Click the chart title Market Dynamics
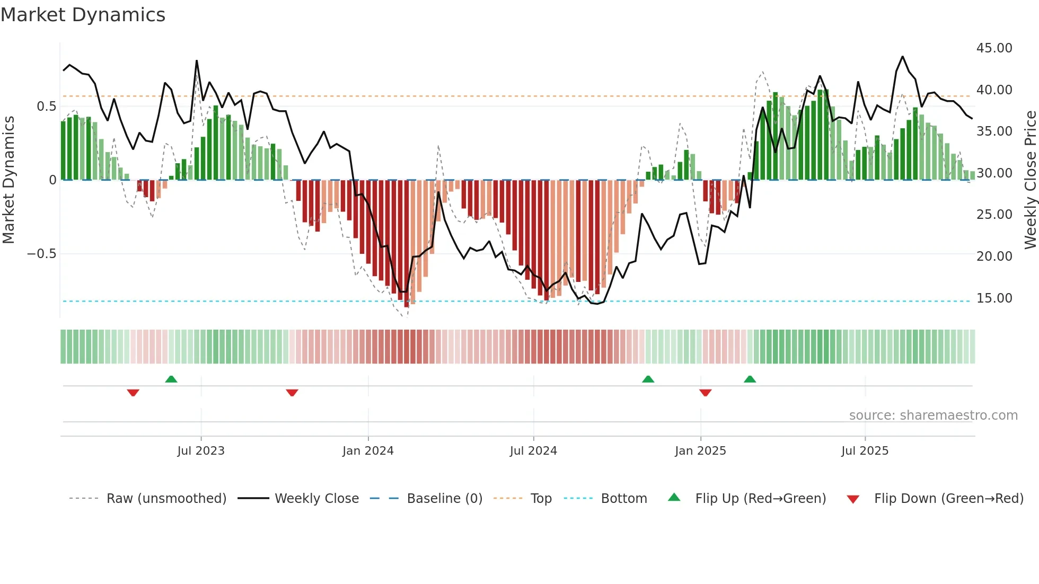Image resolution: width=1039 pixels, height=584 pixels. point(83,15)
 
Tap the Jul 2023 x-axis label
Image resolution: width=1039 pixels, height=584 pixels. point(201,451)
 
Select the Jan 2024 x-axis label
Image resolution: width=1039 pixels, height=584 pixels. point(368,451)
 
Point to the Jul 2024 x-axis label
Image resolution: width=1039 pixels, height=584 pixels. point(533,451)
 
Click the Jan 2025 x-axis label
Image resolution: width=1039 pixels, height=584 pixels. point(700,451)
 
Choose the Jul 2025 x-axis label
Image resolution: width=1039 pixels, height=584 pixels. point(865,451)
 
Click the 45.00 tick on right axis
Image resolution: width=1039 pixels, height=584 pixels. point(994,48)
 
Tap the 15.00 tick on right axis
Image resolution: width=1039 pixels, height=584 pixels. point(994,298)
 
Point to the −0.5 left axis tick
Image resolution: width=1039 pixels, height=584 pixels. point(41,254)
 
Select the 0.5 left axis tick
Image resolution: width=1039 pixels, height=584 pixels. point(46,107)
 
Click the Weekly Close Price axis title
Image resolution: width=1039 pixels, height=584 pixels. point(1030,180)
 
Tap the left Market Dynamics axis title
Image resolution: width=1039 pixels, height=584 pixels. point(8,180)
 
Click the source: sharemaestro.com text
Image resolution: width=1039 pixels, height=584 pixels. point(933,415)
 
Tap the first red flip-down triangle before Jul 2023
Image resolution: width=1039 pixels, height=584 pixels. point(133,393)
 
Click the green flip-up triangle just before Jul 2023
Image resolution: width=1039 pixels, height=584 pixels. point(171,379)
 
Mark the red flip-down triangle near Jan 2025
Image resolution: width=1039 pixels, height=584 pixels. point(705,393)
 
